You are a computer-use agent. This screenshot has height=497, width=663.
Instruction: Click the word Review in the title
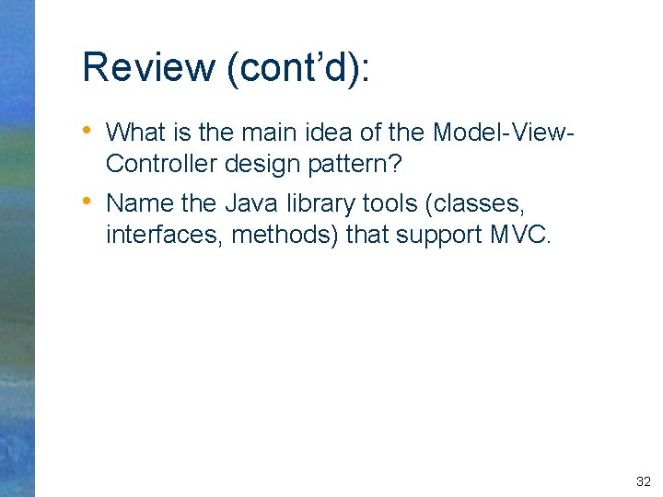(x=146, y=68)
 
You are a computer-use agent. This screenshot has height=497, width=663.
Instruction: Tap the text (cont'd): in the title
(x=295, y=68)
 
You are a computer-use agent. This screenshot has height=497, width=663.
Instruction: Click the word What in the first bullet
(x=135, y=133)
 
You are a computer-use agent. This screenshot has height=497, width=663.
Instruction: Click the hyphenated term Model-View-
(x=505, y=133)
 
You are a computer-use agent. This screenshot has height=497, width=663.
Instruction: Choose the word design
(x=268, y=164)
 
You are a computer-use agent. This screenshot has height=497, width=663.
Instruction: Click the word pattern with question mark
(x=364, y=164)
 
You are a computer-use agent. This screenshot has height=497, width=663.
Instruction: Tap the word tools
(x=389, y=203)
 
